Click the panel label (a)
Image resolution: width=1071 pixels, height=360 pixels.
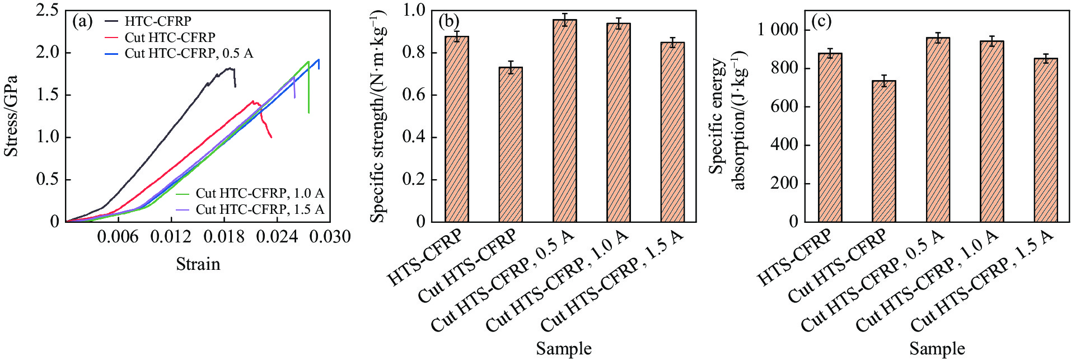[82, 22]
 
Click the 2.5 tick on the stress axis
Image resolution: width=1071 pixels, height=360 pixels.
[48, 10]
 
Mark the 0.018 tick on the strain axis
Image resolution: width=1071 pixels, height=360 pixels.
[225, 237]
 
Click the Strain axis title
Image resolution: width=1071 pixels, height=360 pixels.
[198, 264]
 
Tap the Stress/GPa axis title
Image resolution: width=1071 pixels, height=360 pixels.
[11, 116]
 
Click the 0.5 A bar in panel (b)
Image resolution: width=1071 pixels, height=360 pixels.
[564, 120]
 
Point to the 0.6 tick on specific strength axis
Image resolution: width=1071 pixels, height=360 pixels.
[414, 95]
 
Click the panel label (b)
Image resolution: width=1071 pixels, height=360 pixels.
[449, 22]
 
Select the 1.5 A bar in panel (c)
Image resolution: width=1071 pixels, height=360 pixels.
[1045, 140]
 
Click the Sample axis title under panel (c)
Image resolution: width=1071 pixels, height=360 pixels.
[937, 349]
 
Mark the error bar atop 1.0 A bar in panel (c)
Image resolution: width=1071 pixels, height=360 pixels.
[992, 41]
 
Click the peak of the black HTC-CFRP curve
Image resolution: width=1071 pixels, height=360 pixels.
[230, 68]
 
